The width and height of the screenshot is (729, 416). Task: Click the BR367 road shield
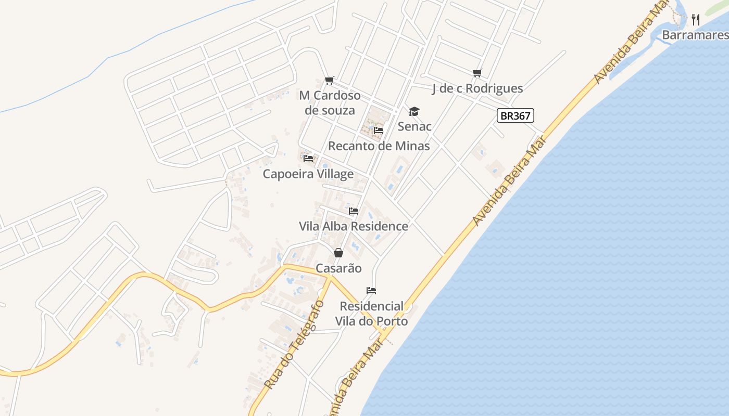[x=516, y=115]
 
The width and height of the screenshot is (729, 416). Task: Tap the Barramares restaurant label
[x=695, y=35]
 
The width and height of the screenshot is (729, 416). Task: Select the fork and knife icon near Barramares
[x=696, y=20]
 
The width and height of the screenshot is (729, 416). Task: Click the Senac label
[x=414, y=126]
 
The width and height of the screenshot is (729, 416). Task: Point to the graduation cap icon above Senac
[x=414, y=111]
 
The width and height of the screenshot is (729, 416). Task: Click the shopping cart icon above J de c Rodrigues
[x=477, y=73]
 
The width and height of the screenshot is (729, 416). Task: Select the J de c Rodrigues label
[x=477, y=88]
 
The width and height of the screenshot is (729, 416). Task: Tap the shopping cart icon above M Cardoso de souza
[x=329, y=80]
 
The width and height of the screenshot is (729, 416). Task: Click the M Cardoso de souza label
[x=330, y=103]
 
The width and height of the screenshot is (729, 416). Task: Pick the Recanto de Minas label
[x=379, y=146]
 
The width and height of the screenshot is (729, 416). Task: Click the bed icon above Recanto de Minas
[x=379, y=130]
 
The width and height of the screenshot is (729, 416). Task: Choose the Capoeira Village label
[x=308, y=174]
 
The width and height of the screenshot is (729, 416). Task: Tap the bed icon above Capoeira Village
[x=308, y=158]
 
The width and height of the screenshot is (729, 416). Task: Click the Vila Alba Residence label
[x=354, y=226]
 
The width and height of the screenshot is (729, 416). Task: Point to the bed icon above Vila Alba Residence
[x=354, y=211]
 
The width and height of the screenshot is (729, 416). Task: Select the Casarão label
[x=338, y=268]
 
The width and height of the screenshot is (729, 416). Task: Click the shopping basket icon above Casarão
[x=338, y=253]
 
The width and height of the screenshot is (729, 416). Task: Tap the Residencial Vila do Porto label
[x=371, y=314]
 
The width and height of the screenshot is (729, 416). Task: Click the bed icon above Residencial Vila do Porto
[x=371, y=290]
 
